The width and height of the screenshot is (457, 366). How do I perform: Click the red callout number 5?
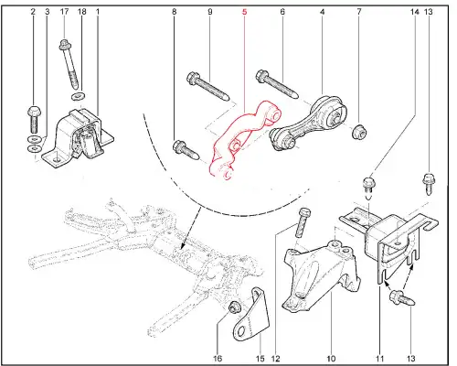pyautogui.click(x=244, y=12)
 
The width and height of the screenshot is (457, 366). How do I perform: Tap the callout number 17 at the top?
pyautogui.click(x=64, y=12)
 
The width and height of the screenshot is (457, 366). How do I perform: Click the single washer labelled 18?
pyautogui.click(x=79, y=96)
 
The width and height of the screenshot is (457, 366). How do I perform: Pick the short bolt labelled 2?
pyautogui.click(x=34, y=119)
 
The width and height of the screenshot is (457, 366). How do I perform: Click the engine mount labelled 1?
pyautogui.click(x=78, y=137)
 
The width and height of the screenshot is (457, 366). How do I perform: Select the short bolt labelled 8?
pyautogui.click(x=186, y=150)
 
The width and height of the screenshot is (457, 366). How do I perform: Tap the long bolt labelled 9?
pyautogui.click(x=207, y=85)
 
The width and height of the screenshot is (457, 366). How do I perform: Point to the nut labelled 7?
pyautogui.click(x=359, y=132)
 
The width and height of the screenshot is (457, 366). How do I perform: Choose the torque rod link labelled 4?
pyautogui.click(x=308, y=124)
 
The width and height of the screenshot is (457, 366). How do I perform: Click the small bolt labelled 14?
pyautogui.click(x=369, y=186)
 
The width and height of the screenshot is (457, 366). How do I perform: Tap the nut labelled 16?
pyautogui.click(x=235, y=307)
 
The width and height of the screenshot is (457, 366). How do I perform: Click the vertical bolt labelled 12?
pyautogui.click(x=303, y=223)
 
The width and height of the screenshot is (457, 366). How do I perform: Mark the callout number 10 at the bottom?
pyautogui.click(x=331, y=359)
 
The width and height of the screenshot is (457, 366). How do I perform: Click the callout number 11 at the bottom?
pyautogui.click(x=379, y=359)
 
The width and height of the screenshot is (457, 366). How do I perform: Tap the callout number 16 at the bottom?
pyautogui.click(x=218, y=359)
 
